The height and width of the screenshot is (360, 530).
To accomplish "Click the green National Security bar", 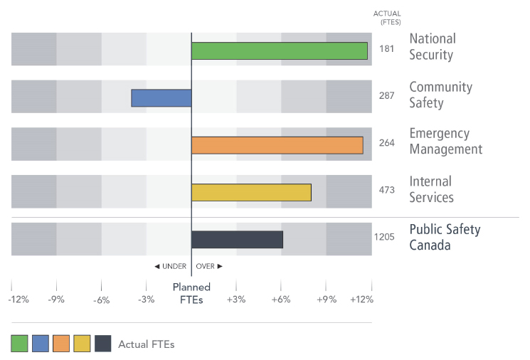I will click(279, 51).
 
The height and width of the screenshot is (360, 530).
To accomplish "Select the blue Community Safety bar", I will click(161, 97).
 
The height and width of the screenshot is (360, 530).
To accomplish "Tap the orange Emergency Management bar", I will click(277, 145).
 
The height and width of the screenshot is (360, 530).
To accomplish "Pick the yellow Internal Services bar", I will click(251, 192).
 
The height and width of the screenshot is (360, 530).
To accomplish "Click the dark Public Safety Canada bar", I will click(237, 240).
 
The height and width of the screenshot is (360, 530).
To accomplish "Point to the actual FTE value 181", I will click(387, 49).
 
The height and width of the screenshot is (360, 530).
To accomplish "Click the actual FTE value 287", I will click(387, 96).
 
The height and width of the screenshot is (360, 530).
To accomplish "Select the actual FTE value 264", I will click(387, 143).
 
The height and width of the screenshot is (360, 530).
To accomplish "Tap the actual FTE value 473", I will click(387, 190).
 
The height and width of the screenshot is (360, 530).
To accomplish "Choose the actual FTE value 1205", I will click(384, 237).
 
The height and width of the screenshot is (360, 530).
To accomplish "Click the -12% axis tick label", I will click(18, 300).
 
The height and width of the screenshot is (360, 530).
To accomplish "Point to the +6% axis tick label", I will click(281, 300).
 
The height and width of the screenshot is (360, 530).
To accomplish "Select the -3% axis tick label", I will click(146, 300).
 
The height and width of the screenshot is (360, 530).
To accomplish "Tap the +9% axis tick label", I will click(326, 300).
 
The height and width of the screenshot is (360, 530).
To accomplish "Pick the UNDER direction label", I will click(170, 266).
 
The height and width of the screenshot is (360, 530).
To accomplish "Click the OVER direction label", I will click(209, 266).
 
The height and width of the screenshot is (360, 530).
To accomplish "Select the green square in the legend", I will click(19, 344).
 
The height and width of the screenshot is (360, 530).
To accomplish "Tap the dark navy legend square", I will click(102, 344).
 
